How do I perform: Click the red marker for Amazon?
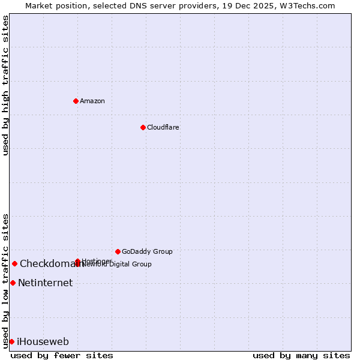(x=76, y=101)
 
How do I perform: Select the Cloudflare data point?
(x=143, y=127)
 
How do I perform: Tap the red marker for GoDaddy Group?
(x=118, y=251)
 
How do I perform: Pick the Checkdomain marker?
(x=14, y=263)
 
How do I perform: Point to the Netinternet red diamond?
(x=13, y=283)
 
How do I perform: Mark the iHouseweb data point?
(x=11, y=341)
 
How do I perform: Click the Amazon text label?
(x=92, y=101)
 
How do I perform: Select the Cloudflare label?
(x=163, y=127)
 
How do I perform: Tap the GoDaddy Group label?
(x=147, y=251)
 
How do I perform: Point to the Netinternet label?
(x=45, y=283)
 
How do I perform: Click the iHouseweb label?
(x=43, y=342)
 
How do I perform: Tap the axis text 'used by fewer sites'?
(x=62, y=355)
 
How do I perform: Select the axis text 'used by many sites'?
(x=301, y=355)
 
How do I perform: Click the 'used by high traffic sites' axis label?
(x=6, y=85)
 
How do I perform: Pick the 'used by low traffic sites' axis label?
(x=6, y=280)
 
